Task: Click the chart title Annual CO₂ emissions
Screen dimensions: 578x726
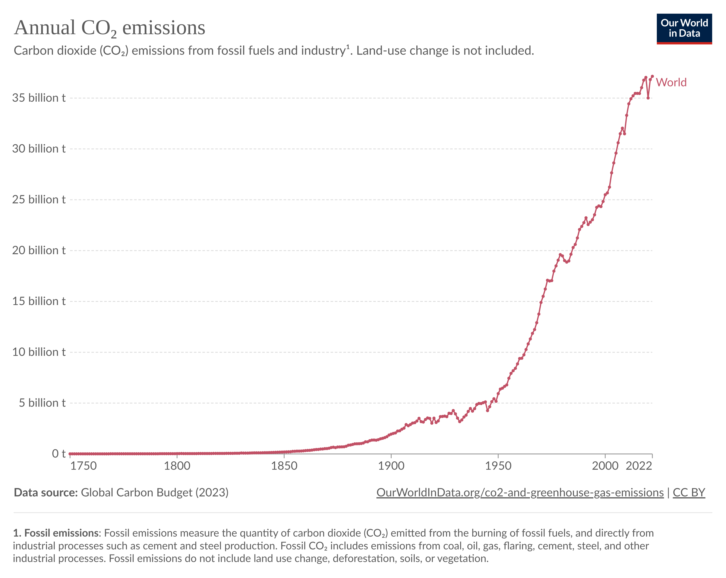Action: coord(110,28)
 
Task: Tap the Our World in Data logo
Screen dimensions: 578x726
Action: coord(684,28)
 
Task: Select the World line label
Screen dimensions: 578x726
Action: coord(671,82)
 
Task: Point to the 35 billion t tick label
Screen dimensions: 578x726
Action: coord(39,98)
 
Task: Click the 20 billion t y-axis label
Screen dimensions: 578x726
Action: coord(39,250)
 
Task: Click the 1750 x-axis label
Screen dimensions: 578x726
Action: coord(83,466)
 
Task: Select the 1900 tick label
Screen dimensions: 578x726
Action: coord(391,466)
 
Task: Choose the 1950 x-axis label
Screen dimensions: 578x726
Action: coord(498,466)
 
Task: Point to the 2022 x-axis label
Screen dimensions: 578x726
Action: coord(639,466)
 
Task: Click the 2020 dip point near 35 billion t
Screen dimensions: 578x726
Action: coord(648,98)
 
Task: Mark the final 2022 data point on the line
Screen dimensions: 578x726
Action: coord(652,76)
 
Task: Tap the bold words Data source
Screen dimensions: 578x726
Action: coord(46,493)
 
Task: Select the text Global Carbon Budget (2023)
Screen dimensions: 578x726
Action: coord(155,493)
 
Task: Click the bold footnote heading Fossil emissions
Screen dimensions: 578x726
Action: coord(57,533)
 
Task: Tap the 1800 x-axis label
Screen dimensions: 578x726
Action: coord(177,466)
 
